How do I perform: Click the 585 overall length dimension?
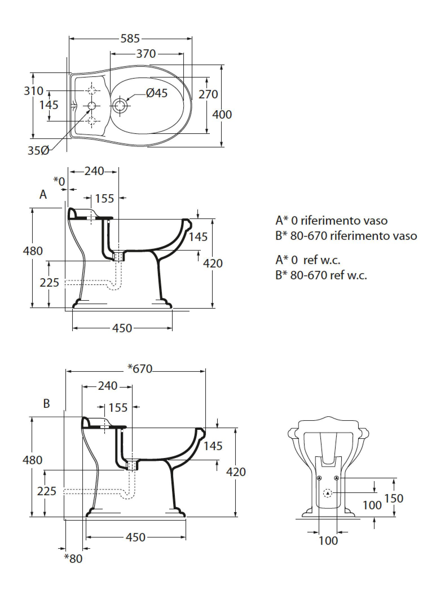click(x=130, y=39)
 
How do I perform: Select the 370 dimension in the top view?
click(x=146, y=54)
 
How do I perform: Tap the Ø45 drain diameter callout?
click(x=157, y=93)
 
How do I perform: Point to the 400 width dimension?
click(x=222, y=114)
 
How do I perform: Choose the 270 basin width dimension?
click(x=208, y=94)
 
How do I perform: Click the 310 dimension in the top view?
click(x=33, y=91)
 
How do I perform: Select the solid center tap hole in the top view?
click(x=92, y=106)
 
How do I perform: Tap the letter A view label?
click(x=43, y=194)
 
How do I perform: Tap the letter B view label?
click(x=47, y=403)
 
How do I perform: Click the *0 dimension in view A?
click(x=59, y=181)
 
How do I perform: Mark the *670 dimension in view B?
click(x=140, y=368)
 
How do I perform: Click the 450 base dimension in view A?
click(x=122, y=328)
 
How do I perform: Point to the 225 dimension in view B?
click(x=47, y=491)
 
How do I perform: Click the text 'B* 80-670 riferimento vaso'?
click(x=346, y=235)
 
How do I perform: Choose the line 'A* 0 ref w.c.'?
click(x=308, y=260)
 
